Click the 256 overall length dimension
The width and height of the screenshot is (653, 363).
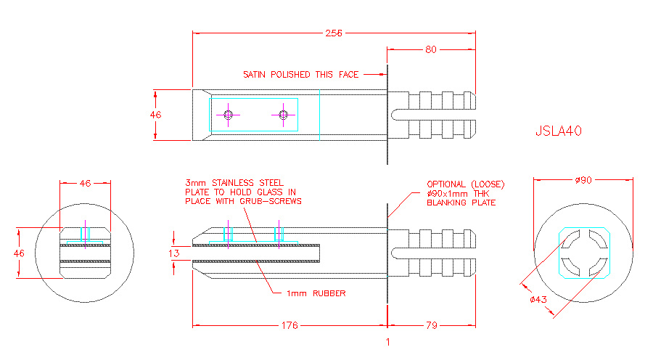[x=334, y=33]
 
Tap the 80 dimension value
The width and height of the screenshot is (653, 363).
[x=430, y=49]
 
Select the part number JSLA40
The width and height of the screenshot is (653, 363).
[x=559, y=131]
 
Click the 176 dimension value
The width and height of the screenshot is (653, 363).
[x=289, y=325]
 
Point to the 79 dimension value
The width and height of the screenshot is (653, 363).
[x=432, y=325]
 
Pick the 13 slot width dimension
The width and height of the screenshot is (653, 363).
[x=174, y=253]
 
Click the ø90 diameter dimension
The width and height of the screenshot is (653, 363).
[x=583, y=180]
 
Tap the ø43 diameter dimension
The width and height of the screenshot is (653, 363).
[x=538, y=299]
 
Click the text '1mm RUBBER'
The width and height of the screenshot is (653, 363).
[x=316, y=293]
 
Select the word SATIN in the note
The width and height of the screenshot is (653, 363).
[x=254, y=75]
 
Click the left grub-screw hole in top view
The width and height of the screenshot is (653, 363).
[x=229, y=115]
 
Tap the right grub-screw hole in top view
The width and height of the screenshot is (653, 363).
[x=283, y=115]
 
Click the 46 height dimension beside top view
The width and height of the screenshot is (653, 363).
[x=156, y=115]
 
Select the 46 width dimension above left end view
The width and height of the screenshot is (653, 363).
[x=86, y=184]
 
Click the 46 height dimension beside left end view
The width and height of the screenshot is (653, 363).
[x=19, y=253]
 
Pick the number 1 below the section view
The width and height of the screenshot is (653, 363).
[x=388, y=342]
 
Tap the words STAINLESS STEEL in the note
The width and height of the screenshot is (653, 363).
[x=248, y=183]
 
